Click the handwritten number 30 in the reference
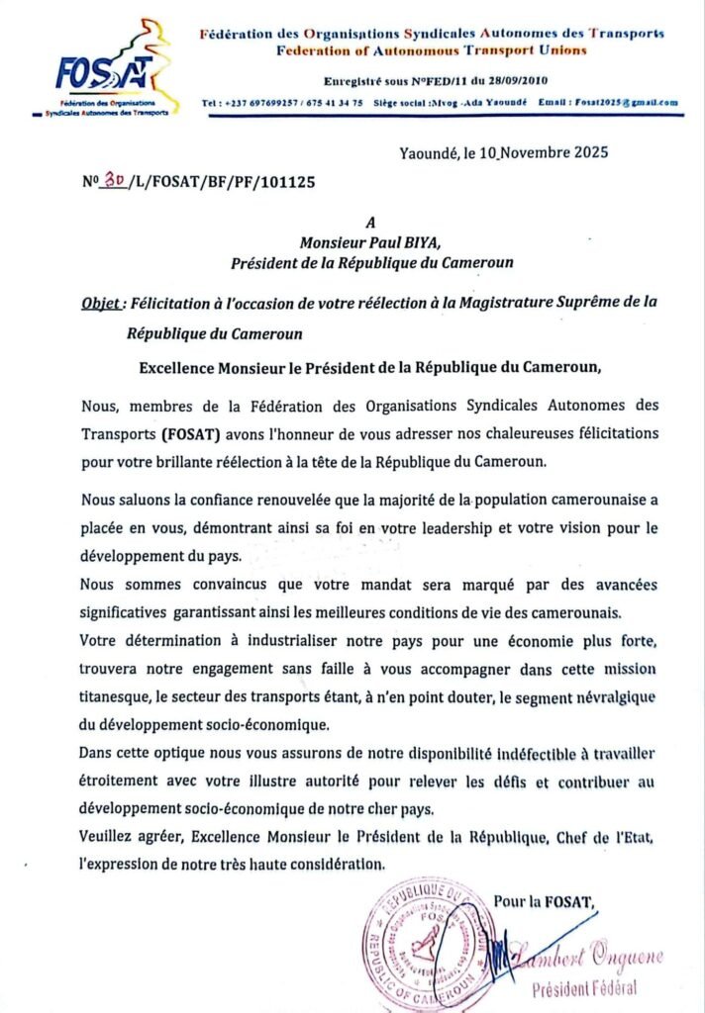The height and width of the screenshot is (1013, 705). coord(115,181)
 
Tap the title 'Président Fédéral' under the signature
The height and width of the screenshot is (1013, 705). coord(584,988)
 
